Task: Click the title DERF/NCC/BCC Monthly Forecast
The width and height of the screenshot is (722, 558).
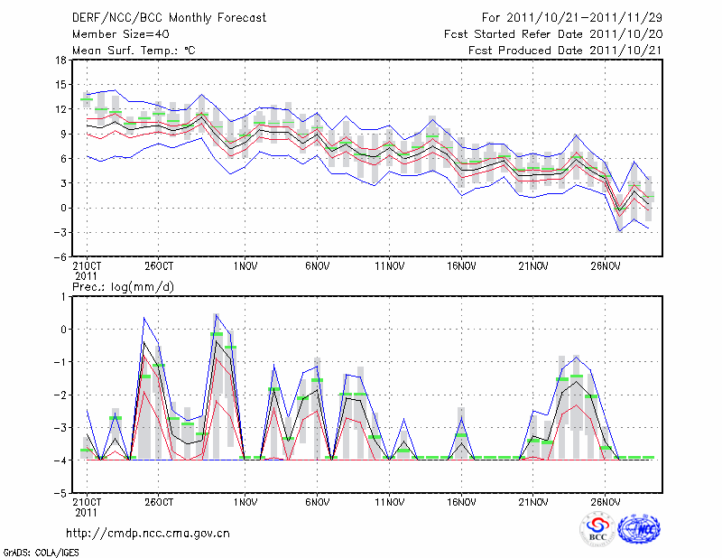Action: coord(169,17)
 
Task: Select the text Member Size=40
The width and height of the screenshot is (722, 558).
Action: coord(120,33)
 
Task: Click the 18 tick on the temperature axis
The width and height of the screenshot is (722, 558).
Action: coord(60,60)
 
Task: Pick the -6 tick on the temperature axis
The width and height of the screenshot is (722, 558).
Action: coord(60,256)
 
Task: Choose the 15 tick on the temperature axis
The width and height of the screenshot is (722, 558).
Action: coord(60,85)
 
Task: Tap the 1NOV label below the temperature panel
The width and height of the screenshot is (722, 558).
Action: coord(245,267)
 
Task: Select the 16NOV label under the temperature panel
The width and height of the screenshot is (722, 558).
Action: coord(461,267)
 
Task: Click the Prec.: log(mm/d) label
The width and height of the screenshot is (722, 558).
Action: coord(123,286)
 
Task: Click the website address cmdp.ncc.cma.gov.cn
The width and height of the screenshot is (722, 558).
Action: coord(148,534)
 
